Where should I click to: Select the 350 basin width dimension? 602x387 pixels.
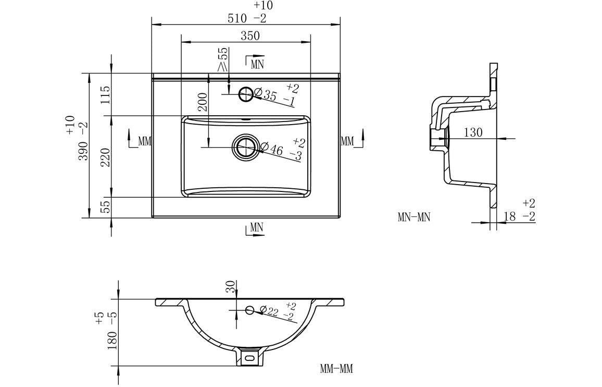pyautogui.click(x=250, y=36)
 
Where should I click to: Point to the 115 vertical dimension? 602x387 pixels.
pyautogui.click(x=105, y=95)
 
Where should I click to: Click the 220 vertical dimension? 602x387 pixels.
pyautogui.click(x=105, y=157)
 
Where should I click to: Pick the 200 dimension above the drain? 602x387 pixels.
pyautogui.click(x=203, y=102)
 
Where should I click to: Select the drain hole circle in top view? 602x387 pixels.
pyautogui.click(x=245, y=147)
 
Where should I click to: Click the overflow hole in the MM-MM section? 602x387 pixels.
pyautogui.click(x=249, y=310)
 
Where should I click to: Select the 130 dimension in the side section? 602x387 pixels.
pyautogui.click(x=472, y=132)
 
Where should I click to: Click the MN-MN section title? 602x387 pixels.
pyautogui.click(x=414, y=217)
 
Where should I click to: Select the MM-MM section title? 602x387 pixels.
pyautogui.click(x=336, y=369)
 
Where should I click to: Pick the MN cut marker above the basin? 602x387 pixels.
pyautogui.click(x=255, y=63)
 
